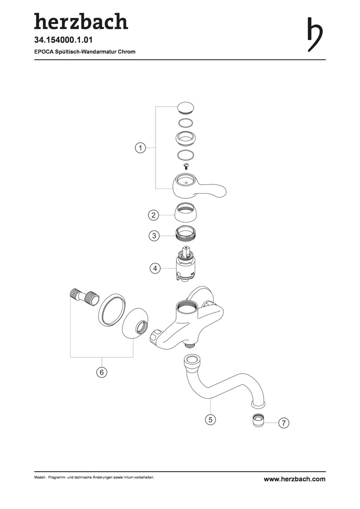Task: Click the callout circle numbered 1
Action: [140, 148]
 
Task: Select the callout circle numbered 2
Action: [154, 215]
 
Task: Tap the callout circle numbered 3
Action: [154, 235]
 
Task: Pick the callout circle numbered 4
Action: [155, 269]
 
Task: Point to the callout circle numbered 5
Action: [210, 419]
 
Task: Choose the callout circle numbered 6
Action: [102, 372]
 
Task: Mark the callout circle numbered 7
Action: [284, 423]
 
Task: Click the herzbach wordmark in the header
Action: [81, 21]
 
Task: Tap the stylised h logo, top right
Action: [315, 34]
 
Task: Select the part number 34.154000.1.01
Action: [64, 40]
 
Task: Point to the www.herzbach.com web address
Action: [295, 479]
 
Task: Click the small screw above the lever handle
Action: [186, 166]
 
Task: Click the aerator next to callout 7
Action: [259, 421]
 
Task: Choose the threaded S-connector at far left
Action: [83, 296]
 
